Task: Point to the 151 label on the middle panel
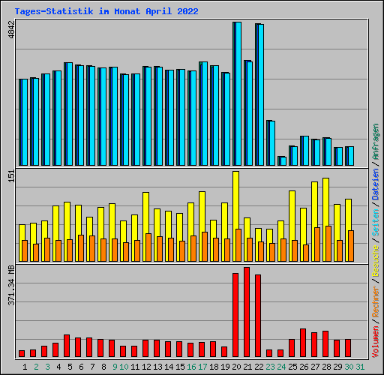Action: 10,176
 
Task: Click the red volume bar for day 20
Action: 235,315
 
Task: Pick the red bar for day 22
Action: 258,316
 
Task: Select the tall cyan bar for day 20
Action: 238,94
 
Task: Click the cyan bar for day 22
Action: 260,94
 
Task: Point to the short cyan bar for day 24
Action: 283,160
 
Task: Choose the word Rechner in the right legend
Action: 376,288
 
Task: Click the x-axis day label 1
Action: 25,367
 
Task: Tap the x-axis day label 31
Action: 360,367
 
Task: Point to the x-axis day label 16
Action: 191,367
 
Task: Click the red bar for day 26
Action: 303,343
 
